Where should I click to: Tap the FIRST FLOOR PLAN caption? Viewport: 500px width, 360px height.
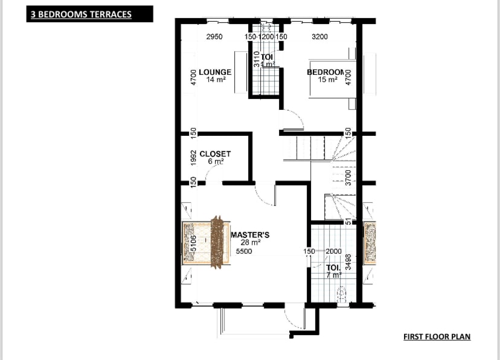tap(437, 336)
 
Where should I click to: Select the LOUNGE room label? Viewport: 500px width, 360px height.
tap(215, 72)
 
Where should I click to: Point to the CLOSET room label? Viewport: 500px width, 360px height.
tap(215, 154)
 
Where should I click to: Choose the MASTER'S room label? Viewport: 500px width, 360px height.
tap(250, 234)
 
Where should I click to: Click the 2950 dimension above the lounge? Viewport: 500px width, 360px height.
tap(214, 37)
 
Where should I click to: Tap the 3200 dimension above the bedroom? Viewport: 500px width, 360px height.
tap(319, 37)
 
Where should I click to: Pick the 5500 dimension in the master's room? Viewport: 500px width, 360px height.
tap(243, 251)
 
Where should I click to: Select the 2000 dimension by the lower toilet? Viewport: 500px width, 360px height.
tap(333, 251)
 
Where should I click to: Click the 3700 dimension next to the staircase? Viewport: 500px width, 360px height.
tap(348, 177)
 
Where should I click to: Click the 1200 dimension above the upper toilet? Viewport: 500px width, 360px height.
tap(266, 37)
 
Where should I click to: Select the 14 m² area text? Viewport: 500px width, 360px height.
tap(215, 80)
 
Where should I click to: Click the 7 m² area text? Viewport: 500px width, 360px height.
tap(333, 274)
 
